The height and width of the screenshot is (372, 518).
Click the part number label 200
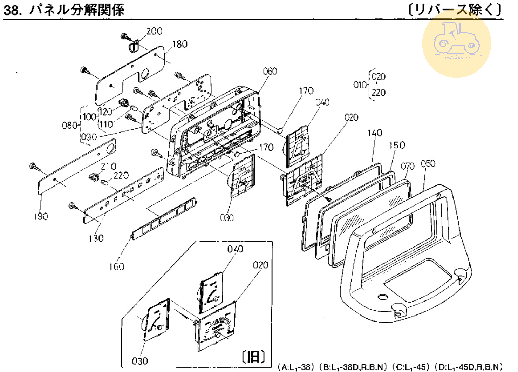(154, 31)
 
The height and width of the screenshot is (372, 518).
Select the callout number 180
(180, 44)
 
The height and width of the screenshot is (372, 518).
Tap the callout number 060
(270, 72)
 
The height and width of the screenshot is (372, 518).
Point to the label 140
(375, 133)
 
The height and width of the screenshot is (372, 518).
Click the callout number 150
(397, 145)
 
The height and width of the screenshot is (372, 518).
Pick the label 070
(408, 166)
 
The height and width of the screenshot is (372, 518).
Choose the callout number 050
(428, 163)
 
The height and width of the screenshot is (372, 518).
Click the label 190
(41, 216)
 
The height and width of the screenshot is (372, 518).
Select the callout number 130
(96, 238)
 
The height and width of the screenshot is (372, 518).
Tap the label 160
(116, 267)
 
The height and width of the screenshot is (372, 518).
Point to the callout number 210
(108, 166)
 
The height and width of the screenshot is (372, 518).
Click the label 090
(89, 137)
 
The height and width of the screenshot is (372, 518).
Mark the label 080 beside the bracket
(70, 125)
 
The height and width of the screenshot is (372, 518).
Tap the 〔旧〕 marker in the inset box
(253, 357)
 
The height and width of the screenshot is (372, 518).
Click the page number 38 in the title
(11, 10)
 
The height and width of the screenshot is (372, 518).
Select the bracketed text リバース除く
(455, 9)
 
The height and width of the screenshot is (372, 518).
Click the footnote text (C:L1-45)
(411, 367)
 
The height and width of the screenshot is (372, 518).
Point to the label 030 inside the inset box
(140, 361)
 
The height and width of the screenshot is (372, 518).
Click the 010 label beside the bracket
(360, 85)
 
